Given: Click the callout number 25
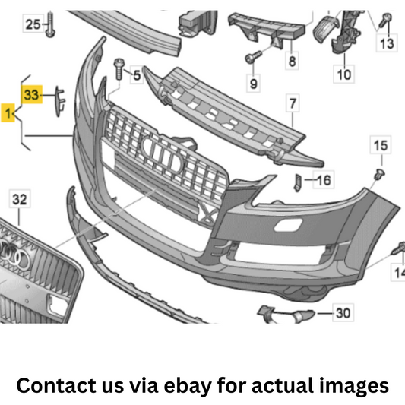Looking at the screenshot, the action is [x=33, y=24].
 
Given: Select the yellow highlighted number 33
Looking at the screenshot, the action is [x=32, y=94].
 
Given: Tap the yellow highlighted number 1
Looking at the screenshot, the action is [x=8, y=113].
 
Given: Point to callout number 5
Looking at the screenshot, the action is [x=137, y=75].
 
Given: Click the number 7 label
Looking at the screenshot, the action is [x=293, y=103].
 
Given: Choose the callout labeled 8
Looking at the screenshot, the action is [x=292, y=61].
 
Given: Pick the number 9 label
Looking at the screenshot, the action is [x=253, y=83].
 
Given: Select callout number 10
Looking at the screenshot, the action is [x=344, y=74].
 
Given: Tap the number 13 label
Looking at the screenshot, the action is [x=387, y=43].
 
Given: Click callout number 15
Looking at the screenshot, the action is [x=381, y=145].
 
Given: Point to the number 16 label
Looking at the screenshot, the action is [x=324, y=180].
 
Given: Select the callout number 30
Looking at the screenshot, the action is [x=343, y=313].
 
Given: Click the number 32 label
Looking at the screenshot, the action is [x=20, y=199].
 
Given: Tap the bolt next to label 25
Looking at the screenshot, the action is [x=50, y=24].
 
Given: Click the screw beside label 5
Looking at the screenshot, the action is [x=119, y=69].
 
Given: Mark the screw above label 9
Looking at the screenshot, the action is [x=253, y=57].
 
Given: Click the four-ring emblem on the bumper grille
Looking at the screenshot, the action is [x=163, y=154].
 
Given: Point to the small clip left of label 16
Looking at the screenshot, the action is [x=298, y=183].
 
